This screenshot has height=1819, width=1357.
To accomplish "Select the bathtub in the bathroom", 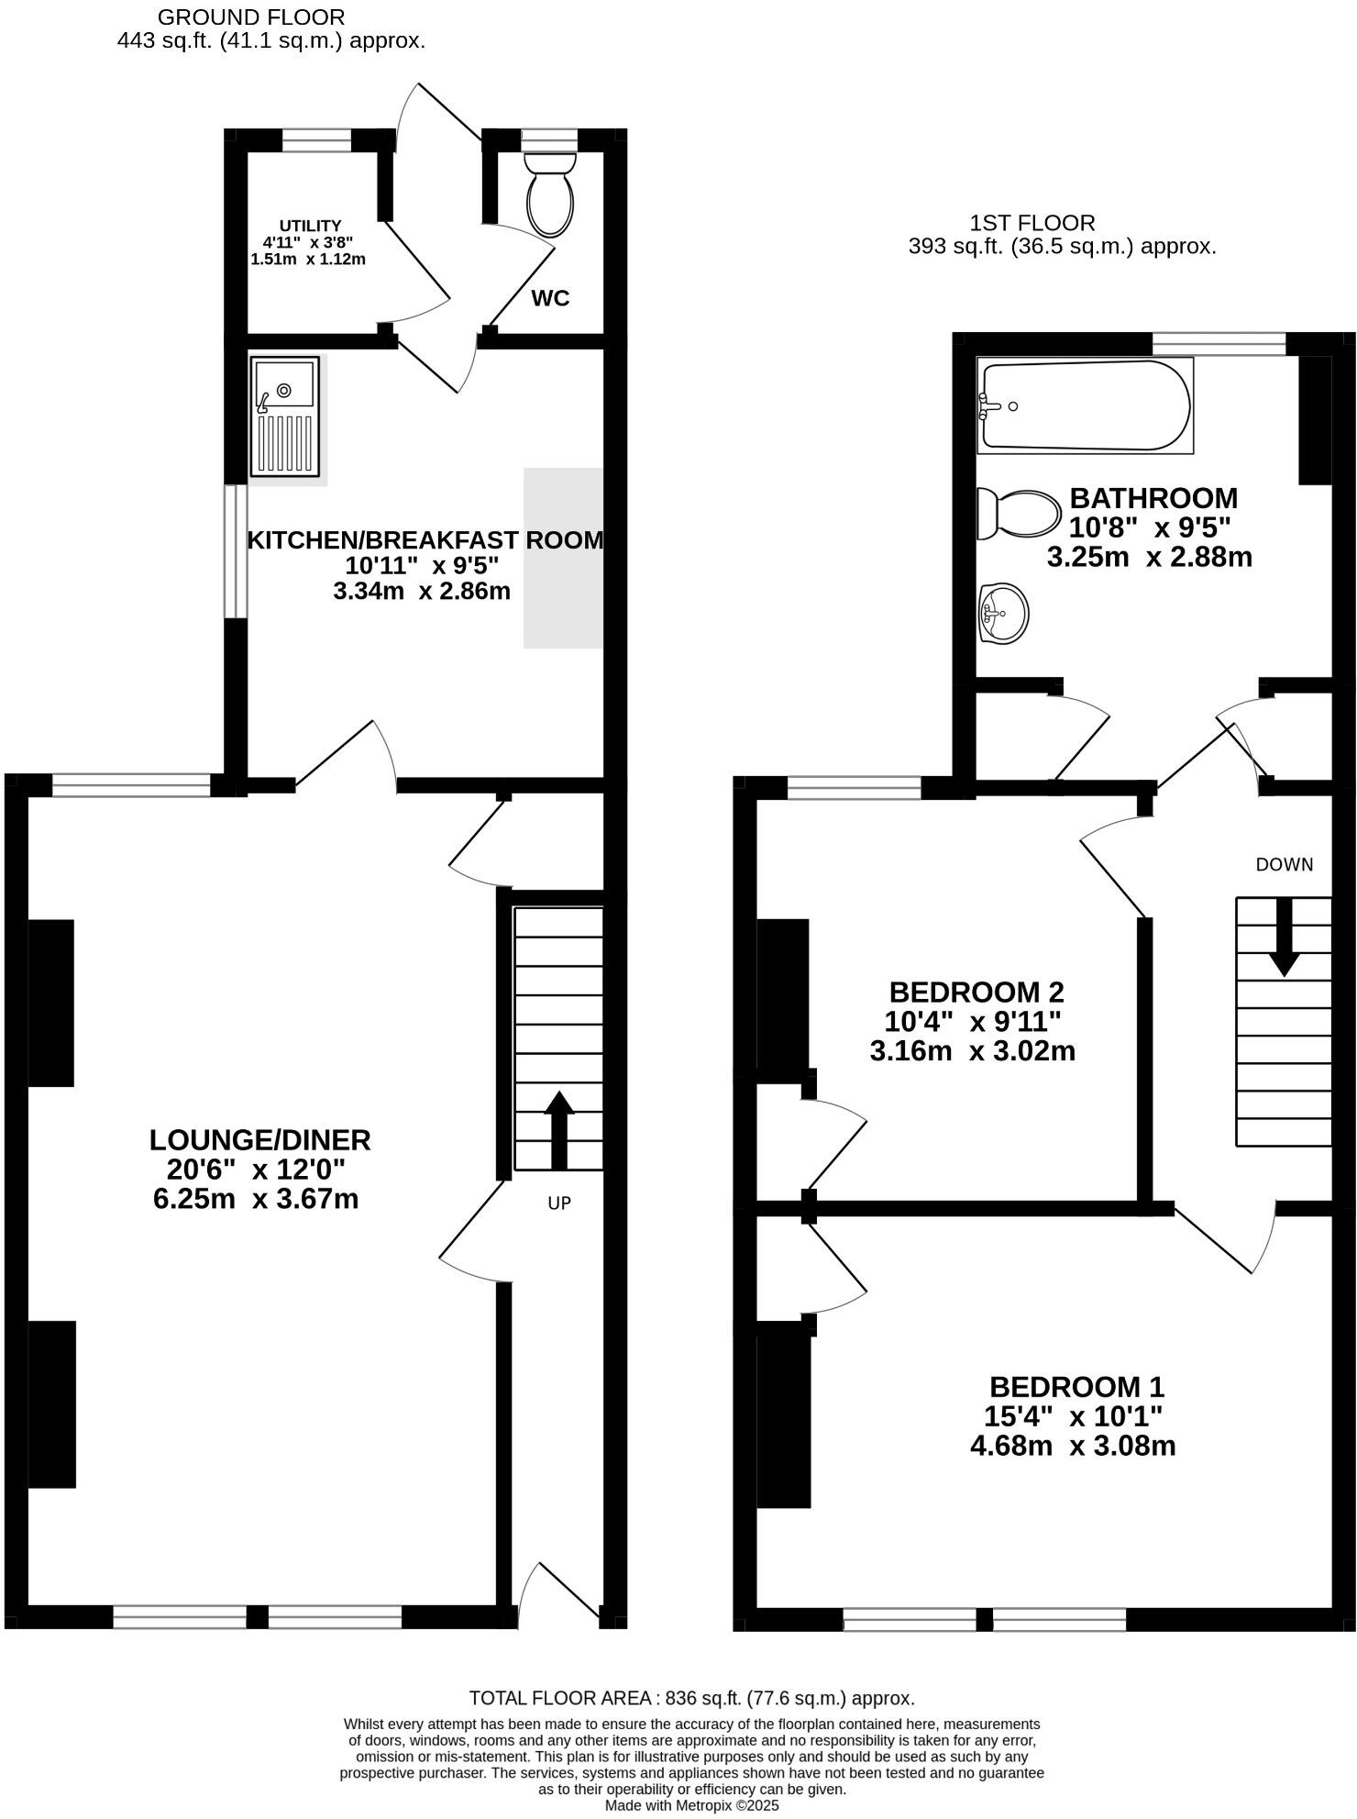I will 1085,405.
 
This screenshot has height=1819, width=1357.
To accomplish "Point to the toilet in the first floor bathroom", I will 1019,515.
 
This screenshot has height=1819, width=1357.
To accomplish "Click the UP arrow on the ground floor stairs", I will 559,1129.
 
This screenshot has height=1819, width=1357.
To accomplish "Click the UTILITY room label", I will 310,226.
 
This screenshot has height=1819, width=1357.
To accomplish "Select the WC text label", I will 550,298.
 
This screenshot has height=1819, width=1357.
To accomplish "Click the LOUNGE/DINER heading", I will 259,1140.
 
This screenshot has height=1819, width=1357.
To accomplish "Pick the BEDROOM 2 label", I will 976,992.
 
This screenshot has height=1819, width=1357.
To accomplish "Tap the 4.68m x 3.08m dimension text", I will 1073,1446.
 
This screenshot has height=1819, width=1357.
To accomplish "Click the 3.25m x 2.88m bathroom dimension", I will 1149,557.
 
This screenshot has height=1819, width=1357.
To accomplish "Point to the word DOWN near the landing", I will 1284,864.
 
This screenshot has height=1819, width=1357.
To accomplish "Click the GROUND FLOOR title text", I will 251,17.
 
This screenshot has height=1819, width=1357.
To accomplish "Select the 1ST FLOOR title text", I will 1032,223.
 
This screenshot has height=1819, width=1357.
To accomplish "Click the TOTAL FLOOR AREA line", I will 691,1698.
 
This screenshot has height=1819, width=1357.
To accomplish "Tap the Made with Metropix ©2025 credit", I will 691,1805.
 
